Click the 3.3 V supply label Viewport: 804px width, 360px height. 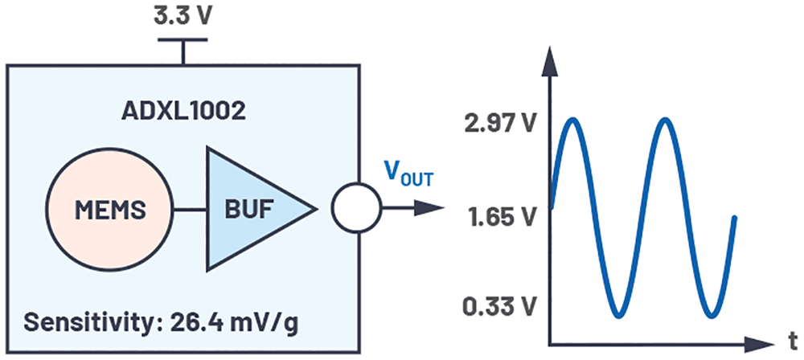(182, 17)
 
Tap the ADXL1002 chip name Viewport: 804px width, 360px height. (183, 111)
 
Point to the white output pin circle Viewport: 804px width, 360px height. (356, 208)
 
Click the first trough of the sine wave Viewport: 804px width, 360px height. (619, 315)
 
